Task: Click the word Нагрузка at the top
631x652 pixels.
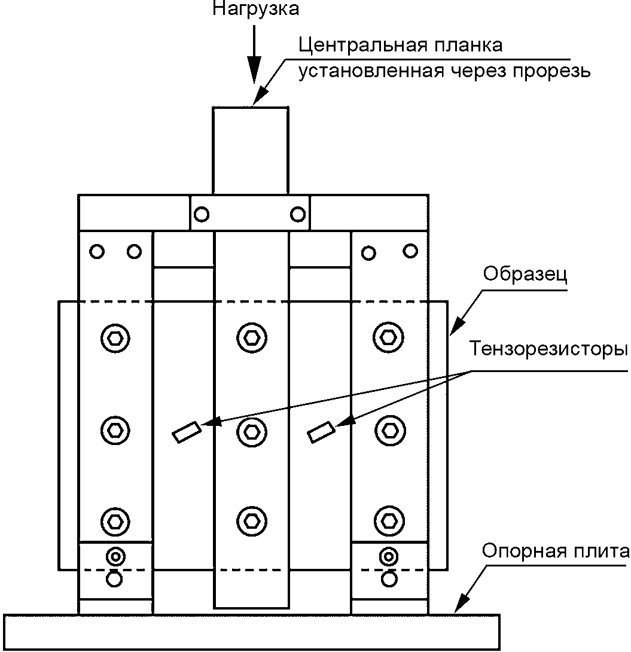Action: [255, 8]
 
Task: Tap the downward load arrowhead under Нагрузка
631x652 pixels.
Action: [254, 69]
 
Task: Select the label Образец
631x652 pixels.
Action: [525, 275]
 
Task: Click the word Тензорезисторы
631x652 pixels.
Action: [548, 349]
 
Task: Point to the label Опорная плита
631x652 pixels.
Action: [556, 551]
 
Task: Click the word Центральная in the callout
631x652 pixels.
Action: [363, 45]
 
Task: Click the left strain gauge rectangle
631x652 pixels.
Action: [187, 432]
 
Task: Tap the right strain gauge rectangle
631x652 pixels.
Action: [321, 432]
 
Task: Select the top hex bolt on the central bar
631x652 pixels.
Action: [252, 337]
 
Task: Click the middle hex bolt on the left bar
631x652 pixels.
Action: [115, 430]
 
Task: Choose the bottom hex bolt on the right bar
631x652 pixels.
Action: [389, 520]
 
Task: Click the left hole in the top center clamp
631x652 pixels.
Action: [202, 215]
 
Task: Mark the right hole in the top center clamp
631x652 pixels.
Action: [298, 214]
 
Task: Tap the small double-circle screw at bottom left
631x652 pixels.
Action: [115, 556]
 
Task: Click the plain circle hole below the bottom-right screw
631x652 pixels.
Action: [389, 579]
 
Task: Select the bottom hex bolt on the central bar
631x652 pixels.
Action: [252, 520]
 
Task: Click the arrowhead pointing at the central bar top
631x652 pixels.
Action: [260, 95]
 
